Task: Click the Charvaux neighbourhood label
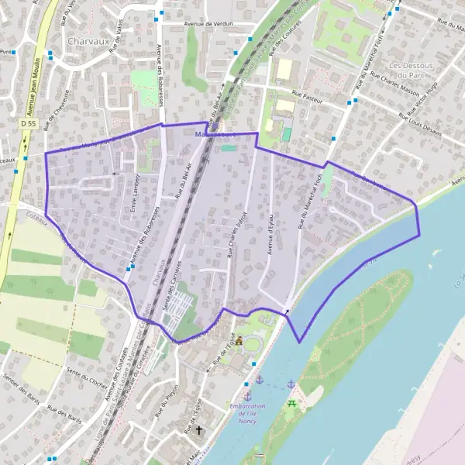[x=86, y=40]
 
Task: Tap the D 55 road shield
[x=29, y=123]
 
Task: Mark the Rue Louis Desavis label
[x=420, y=125]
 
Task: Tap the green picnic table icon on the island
[x=292, y=404]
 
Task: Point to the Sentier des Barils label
[x=21, y=386]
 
